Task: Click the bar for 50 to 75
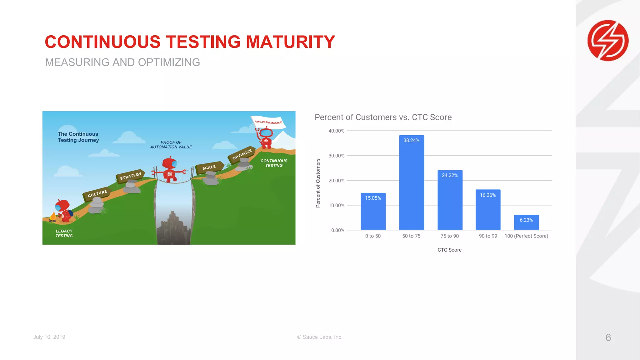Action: click(x=411, y=182)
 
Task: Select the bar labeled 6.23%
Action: click(x=526, y=222)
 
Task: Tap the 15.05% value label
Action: click(x=373, y=198)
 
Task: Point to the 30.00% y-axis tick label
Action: click(x=336, y=156)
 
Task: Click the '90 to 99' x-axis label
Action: click(x=488, y=236)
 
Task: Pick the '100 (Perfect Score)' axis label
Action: click(x=526, y=236)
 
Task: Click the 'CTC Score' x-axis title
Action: click(x=449, y=250)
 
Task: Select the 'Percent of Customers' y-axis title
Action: click(x=318, y=183)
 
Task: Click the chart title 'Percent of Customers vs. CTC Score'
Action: click(x=383, y=117)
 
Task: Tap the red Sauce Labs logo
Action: click(x=608, y=40)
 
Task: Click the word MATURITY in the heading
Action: click(x=291, y=42)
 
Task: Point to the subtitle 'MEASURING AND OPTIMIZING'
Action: click(x=122, y=62)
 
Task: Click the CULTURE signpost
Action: click(x=97, y=194)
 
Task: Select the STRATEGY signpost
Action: click(x=131, y=176)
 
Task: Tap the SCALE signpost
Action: click(x=209, y=167)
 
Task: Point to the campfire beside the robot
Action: click(x=53, y=217)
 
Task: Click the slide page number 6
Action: click(x=608, y=337)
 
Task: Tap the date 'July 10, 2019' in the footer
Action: click(x=49, y=337)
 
